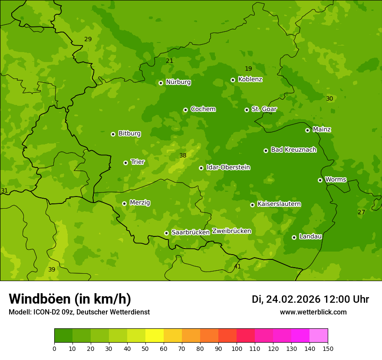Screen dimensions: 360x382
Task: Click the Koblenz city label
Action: click(x=250, y=79)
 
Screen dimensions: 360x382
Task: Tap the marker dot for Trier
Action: click(x=125, y=163)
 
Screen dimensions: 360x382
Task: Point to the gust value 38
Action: click(x=183, y=155)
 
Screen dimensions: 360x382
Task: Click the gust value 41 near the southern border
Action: click(x=237, y=266)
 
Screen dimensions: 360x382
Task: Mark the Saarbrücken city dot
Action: click(x=166, y=233)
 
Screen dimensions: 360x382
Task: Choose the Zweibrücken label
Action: click(x=231, y=231)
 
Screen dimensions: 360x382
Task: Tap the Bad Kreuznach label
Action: click(x=293, y=150)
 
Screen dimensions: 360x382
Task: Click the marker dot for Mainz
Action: click(x=307, y=130)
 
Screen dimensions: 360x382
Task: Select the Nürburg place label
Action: click(x=178, y=82)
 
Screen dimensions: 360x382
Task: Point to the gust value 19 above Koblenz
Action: click(x=248, y=69)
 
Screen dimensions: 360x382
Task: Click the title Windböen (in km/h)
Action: click(x=69, y=299)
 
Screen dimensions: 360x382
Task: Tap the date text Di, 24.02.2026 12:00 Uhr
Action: click(x=310, y=299)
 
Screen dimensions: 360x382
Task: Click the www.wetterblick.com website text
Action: click(x=313, y=312)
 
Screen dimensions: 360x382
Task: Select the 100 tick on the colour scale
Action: click(x=237, y=348)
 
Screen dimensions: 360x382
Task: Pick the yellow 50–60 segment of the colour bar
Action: click(x=155, y=336)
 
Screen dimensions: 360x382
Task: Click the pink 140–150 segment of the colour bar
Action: click(x=319, y=336)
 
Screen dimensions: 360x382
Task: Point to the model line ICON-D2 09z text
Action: click(x=79, y=312)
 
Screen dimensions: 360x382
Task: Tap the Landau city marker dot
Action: click(x=294, y=237)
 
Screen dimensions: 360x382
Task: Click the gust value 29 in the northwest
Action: click(x=88, y=39)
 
